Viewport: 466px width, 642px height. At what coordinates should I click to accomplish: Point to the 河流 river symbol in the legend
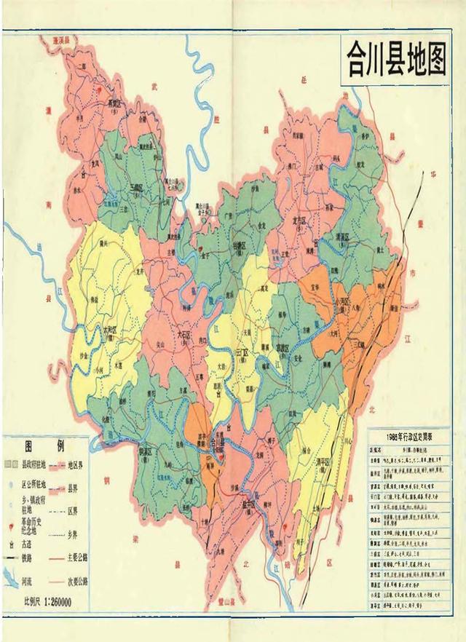click(x=10, y=582)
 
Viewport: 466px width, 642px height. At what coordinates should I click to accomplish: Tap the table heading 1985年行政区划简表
click(x=411, y=436)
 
